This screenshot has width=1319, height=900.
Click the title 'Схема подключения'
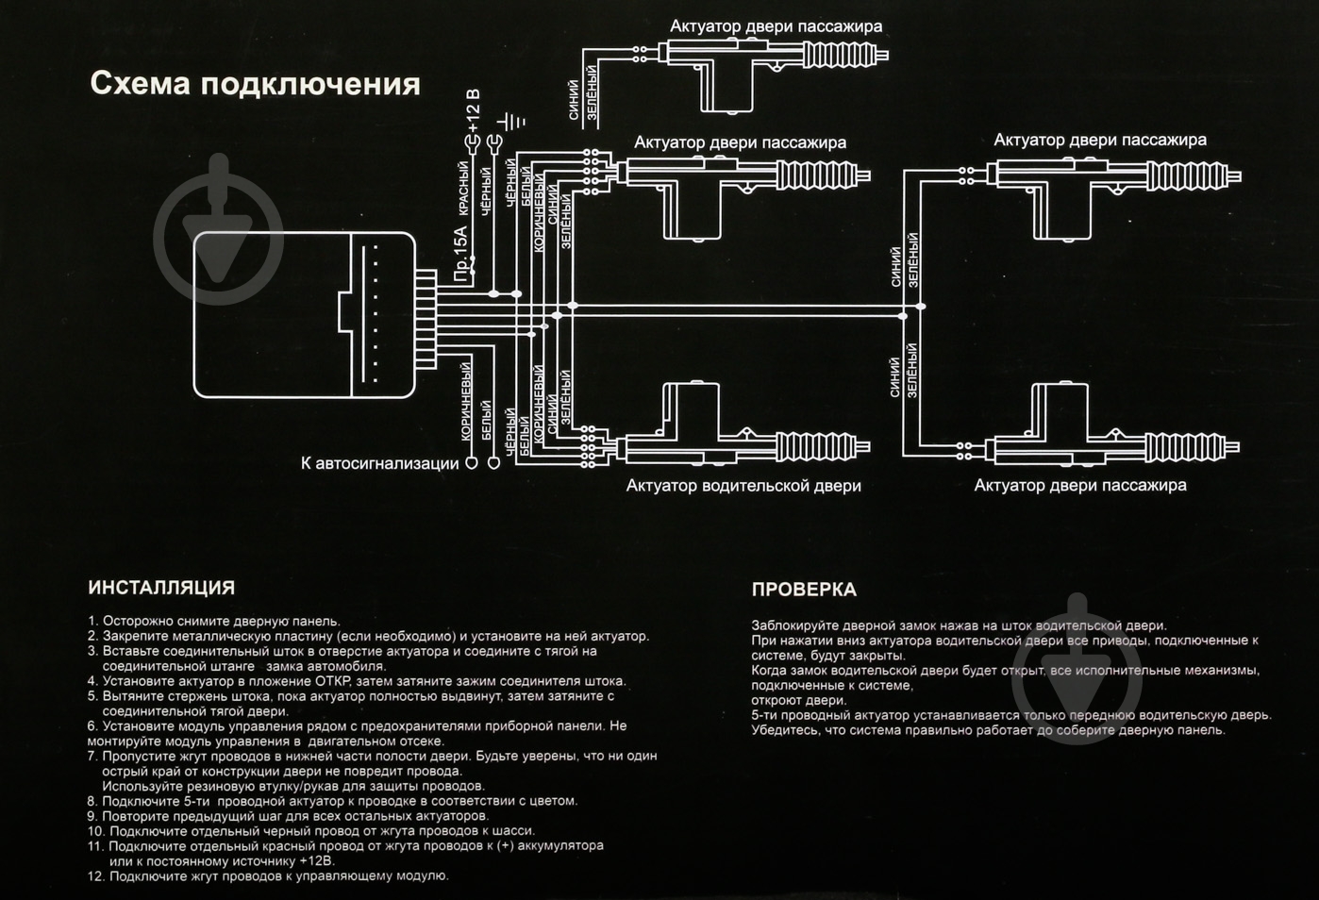click(255, 84)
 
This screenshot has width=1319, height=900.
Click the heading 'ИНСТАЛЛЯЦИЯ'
click(161, 588)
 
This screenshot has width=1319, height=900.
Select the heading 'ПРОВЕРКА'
click(804, 590)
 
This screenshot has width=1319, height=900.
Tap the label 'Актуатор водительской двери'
click(743, 486)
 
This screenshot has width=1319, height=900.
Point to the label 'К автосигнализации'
click(379, 463)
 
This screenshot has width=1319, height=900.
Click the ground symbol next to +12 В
click(512, 122)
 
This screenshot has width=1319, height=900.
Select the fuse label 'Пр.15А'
click(460, 253)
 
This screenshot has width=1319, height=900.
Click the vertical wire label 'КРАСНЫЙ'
click(463, 189)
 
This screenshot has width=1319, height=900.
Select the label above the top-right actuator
click(1100, 140)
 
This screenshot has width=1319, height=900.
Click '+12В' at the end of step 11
click(316, 861)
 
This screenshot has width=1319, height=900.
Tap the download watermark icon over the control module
click(219, 229)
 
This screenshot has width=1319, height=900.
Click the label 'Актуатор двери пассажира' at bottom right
click(1080, 485)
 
